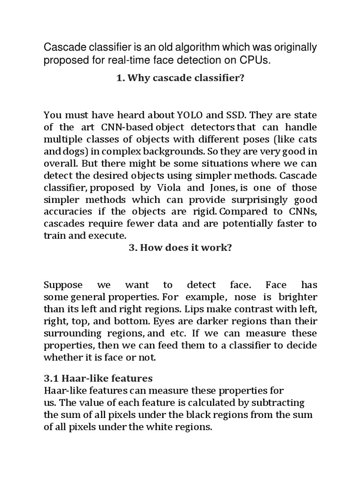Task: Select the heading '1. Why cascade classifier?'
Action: coord(180,79)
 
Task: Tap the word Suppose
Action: coord(63,285)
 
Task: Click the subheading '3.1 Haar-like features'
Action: coord(98,378)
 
